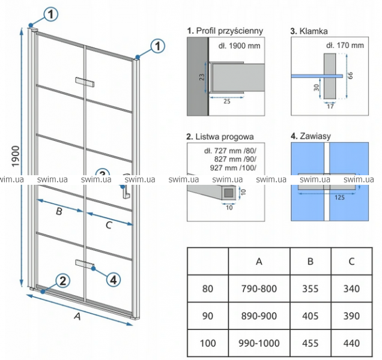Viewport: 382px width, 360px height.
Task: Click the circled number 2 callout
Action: click(x=63, y=281)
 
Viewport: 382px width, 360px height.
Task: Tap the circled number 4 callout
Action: click(x=114, y=280)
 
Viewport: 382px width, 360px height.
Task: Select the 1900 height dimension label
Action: click(x=16, y=156)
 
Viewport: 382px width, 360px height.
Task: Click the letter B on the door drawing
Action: click(x=59, y=211)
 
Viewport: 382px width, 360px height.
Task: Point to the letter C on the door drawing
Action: click(x=109, y=225)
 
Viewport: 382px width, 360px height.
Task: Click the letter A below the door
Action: click(x=77, y=316)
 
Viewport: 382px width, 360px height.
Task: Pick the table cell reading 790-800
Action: click(x=259, y=289)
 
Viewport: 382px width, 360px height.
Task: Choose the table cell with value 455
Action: click(x=311, y=343)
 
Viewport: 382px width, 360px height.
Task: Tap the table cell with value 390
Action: click(x=351, y=316)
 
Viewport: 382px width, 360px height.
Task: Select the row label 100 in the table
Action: click(x=208, y=343)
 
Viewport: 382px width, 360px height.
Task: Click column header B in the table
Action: click(x=311, y=262)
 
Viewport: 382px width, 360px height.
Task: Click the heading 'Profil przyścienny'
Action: click(x=229, y=31)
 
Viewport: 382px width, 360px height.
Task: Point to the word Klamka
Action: click(x=314, y=31)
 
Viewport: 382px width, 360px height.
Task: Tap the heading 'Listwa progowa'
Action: click(x=225, y=137)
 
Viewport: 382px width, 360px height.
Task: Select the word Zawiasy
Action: click(x=315, y=136)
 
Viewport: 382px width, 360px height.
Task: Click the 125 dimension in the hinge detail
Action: click(x=339, y=197)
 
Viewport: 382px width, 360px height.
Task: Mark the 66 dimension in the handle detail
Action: click(x=350, y=76)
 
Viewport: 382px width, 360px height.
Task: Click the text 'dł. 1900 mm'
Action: click(x=239, y=46)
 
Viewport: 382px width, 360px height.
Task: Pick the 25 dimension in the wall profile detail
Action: click(x=227, y=101)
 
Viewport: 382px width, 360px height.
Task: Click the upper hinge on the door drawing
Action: click(x=85, y=82)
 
